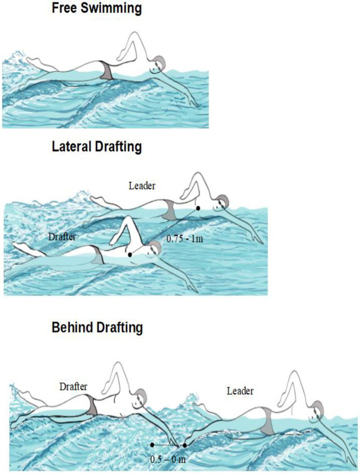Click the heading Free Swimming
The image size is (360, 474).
[97, 8]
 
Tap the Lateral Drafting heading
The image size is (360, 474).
[97, 146]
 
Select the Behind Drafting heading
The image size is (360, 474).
[97, 328]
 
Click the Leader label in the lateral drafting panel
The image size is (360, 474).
[142, 185]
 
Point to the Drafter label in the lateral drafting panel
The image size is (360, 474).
[62, 236]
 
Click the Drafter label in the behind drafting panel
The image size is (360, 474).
[73, 386]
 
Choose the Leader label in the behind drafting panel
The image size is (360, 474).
[240, 391]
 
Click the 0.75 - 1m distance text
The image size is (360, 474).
[185, 238]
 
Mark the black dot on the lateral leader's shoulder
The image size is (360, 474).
[199, 208]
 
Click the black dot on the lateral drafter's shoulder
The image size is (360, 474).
[130, 255]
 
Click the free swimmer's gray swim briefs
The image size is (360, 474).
[106, 70]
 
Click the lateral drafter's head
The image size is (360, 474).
[154, 249]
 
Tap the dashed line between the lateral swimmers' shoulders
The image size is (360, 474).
[164, 232]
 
